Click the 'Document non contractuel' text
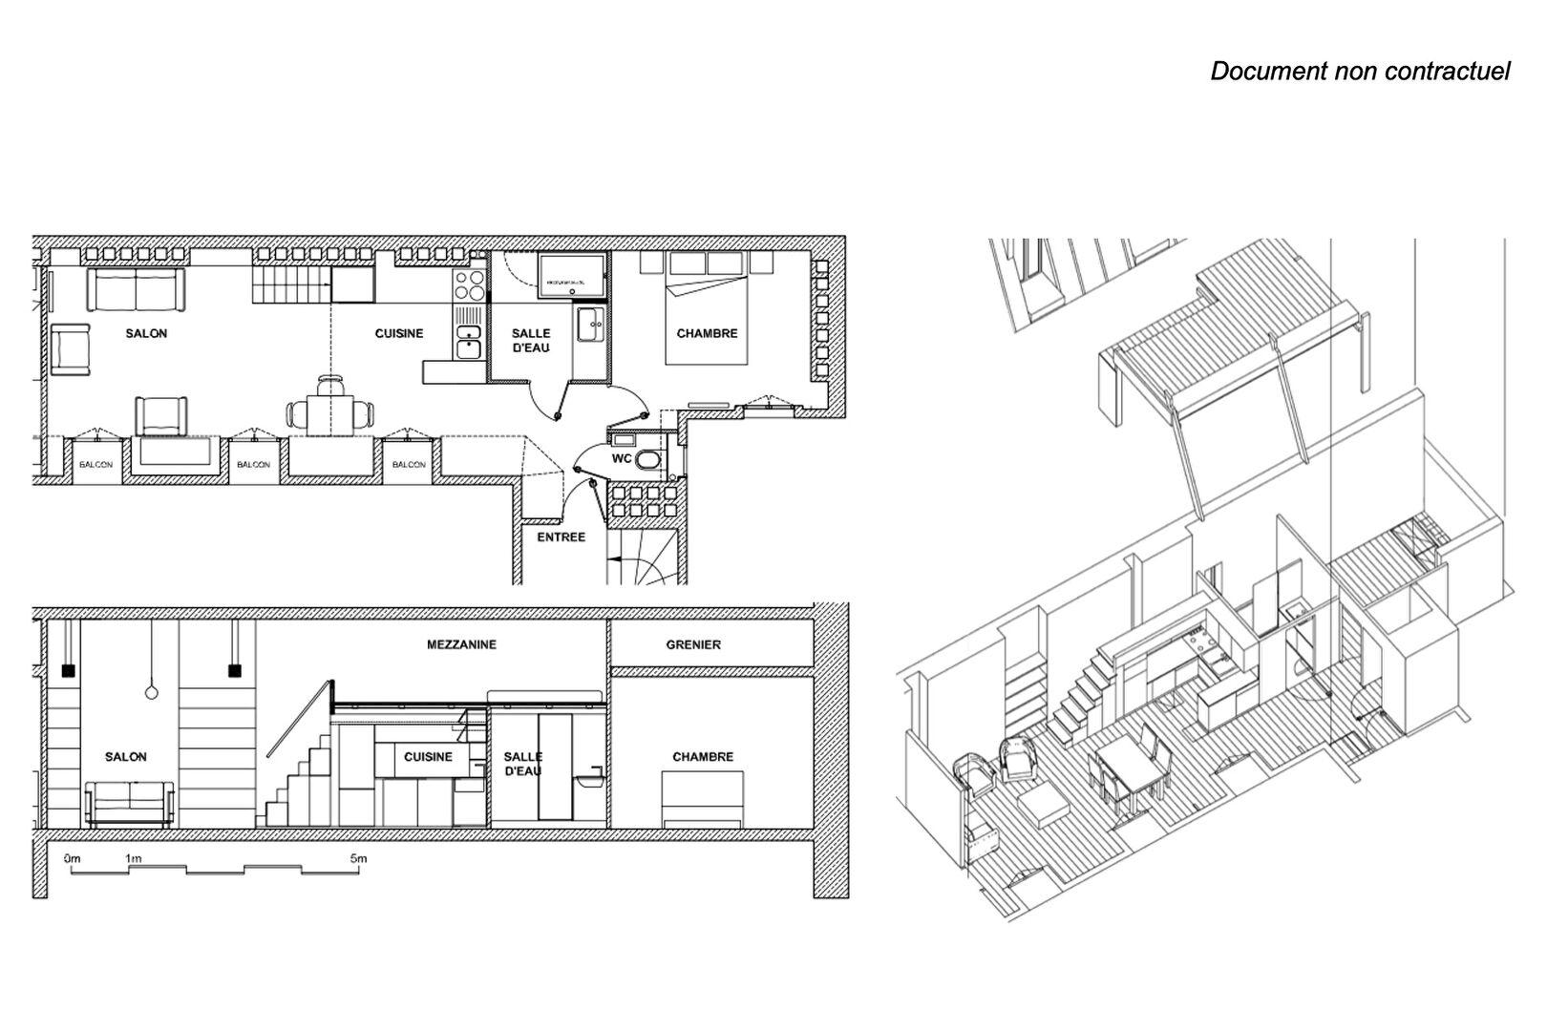[1360, 72]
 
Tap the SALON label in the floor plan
[146, 333]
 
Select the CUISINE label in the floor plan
[398, 333]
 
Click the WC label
[621, 458]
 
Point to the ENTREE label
[561, 537]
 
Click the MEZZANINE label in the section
[461, 644]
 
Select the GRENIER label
[693, 644]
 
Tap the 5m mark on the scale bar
[358, 859]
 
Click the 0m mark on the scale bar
[73, 859]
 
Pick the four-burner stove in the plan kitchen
[469, 284]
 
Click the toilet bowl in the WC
[648, 463]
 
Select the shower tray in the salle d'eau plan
[571, 277]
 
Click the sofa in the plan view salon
[136, 289]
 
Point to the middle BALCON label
[253, 465]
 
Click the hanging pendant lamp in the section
[150, 691]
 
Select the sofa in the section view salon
[130, 804]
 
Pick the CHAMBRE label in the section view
[703, 757]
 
